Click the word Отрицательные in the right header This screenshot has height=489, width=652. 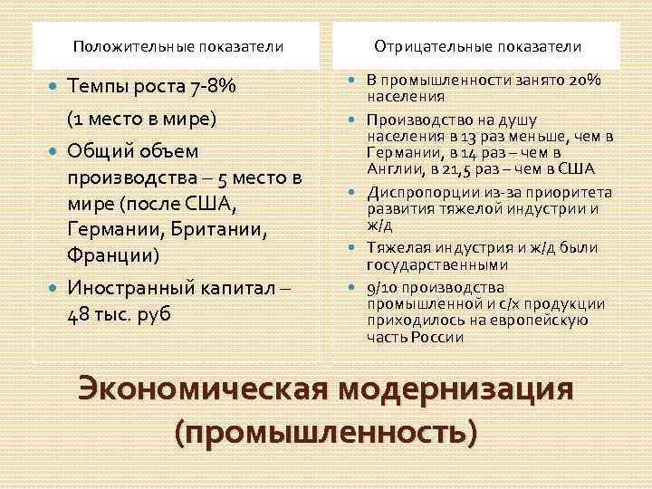point(423,45)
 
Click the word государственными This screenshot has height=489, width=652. point(425,264)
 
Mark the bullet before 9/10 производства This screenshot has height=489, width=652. point(354,289)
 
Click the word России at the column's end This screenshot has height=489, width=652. point(441,337)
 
